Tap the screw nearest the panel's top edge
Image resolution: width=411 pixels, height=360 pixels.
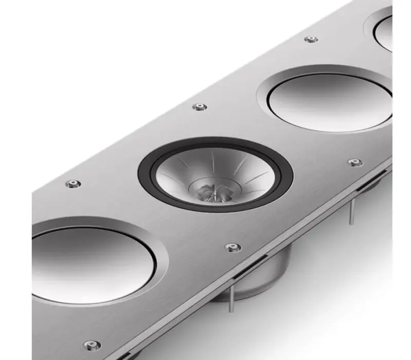[310, 39]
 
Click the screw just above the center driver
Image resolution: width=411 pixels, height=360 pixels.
[199, 107]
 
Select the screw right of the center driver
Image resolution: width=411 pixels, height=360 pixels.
[354, 163]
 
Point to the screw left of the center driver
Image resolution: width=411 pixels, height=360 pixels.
[73, 183]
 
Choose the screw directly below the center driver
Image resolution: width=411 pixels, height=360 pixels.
[233, 248]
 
